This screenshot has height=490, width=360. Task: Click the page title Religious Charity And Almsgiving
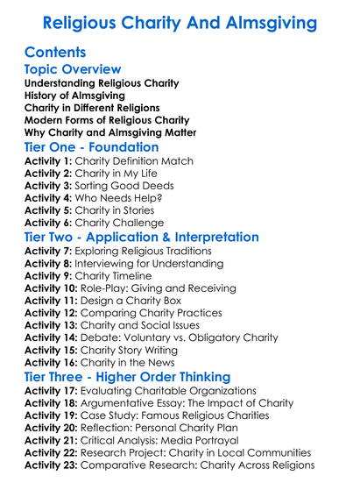pyautogui.click(x=180, y=21)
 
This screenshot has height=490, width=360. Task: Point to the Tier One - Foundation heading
pyautogui.click(x=92, y=147)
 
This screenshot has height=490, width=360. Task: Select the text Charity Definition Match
pyautogui.click(x=133, y=162)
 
